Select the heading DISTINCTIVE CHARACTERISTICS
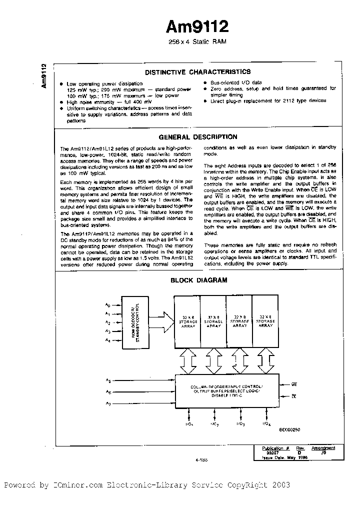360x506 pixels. [x=197, y=72]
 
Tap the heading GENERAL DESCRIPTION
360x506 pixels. [x=197, y=136]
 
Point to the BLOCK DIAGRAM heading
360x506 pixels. [x=198, y=280]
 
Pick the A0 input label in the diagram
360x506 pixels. [x=107, y=304]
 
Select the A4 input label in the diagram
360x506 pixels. [x=107, y=340]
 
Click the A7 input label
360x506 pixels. [x=107, y=403]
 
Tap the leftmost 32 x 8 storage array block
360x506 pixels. [x=186, y=322]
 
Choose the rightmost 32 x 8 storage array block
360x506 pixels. [x=265, y=322]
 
